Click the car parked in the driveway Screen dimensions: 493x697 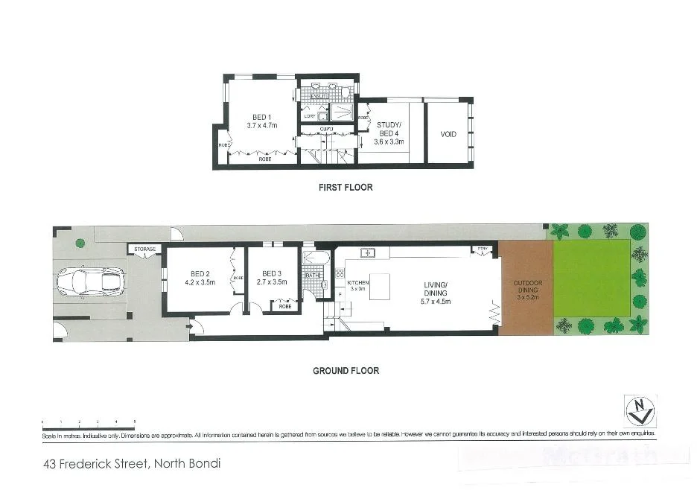click(91, 282)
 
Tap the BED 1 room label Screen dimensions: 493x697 click(261, 121)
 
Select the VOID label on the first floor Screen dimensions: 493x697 click(448, 135)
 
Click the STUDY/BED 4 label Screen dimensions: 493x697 click(389, 133)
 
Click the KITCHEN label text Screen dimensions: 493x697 click(357, 284)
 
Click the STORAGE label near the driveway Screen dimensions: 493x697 click(145, 249)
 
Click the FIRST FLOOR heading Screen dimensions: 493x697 click(346, 188)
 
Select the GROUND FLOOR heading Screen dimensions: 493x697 click(346, 370)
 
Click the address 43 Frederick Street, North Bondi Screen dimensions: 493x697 click(132, 463)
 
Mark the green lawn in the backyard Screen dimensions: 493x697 click(592, 278)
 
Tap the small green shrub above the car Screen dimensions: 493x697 click(80, 242)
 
